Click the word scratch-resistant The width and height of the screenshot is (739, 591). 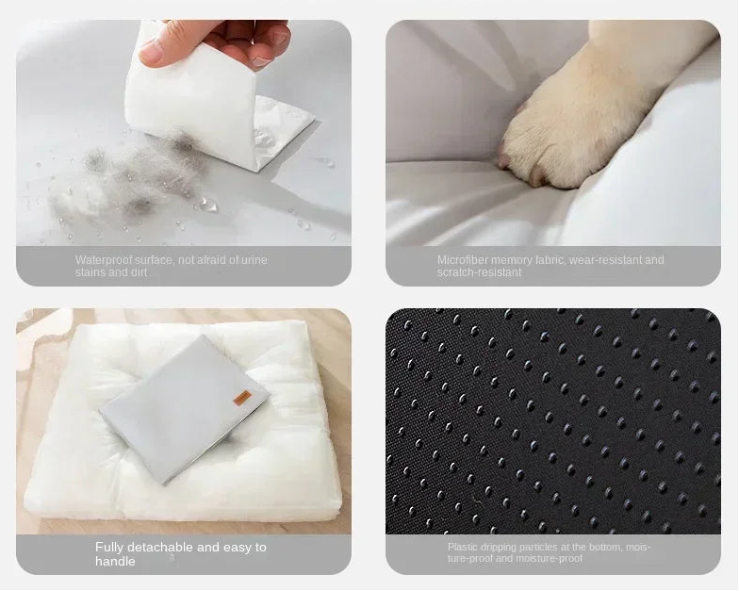pyautogui.click(x=479, y=272)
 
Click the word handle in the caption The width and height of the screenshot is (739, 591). pyautogui.click(x=115, y=562)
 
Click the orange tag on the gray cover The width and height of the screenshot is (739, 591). pyautogui.click(x=243, y=398)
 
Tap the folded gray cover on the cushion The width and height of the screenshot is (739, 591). pyautogui.click(x=185, y=409)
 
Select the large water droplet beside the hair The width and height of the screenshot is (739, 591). pyautogui.click(x=207, y=205)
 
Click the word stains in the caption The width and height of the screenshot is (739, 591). pyautogui.click(x=90, y=272)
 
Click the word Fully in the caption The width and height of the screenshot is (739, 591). pyautogui.click(x=109, y=547)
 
